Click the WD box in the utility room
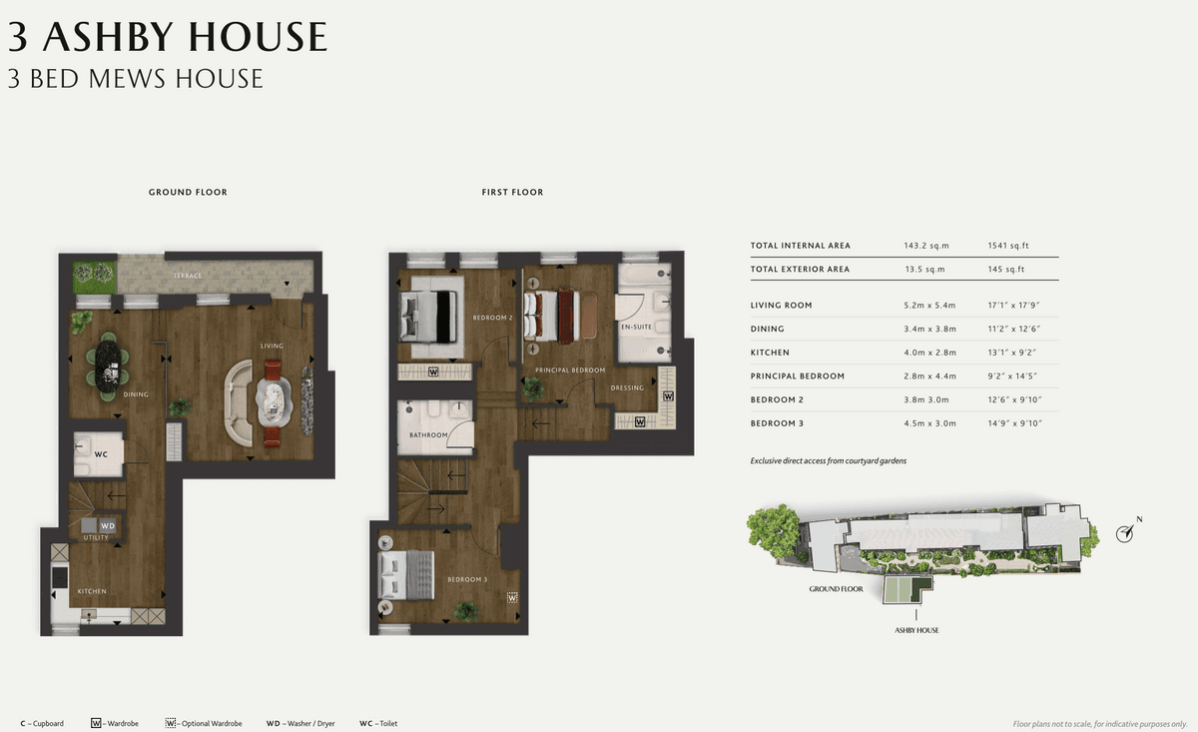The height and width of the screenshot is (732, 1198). point(108,525)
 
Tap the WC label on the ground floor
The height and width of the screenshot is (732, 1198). point(101,454)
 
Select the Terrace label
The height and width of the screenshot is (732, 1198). point(188,276)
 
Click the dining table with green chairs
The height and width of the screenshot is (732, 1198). point(109,366)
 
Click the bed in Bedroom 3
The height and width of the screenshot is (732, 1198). point(406,575)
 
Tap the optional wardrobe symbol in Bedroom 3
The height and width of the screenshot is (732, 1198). point(512,597)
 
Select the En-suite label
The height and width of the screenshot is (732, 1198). point(637,327)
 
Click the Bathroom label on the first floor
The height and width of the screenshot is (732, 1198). point(428,435)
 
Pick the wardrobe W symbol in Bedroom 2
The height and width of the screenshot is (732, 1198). point(433,371)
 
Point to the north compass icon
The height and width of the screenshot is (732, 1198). point(1125,533)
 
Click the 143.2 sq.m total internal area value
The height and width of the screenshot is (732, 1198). point(926,246)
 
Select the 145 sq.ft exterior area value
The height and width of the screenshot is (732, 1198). point(1006,270)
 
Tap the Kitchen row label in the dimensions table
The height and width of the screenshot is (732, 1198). point(770,353)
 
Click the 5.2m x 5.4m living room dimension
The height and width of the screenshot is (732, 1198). point(929,306)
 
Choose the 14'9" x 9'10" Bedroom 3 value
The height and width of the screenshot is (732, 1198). point(1014,423)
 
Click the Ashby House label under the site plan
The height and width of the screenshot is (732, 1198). point(916,630)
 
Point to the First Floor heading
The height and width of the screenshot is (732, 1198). point(512,192)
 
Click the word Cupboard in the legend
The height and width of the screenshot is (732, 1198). point(48,723)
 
